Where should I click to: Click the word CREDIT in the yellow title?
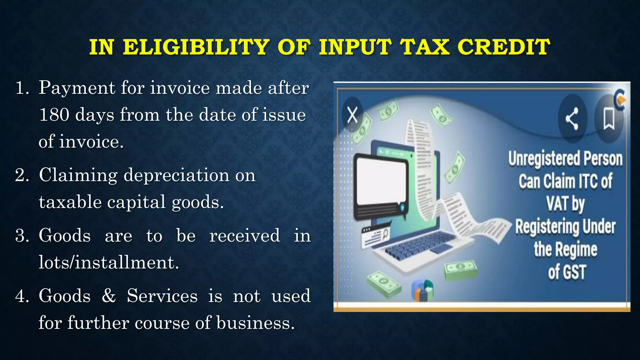pos(503,47)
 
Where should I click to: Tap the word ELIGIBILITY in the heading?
pos(196,47)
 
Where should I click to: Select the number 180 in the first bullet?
pos(54,115)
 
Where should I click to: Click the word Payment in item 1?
pos(77,88)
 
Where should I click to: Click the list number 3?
pos(22,236)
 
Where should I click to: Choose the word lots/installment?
pos(108,262)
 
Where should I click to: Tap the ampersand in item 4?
pos(109,296)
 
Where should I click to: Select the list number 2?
pos(22,175)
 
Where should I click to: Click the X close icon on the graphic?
pos(352,115)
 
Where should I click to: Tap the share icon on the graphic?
pos(572,118)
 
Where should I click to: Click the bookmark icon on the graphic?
pos(609,118)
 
